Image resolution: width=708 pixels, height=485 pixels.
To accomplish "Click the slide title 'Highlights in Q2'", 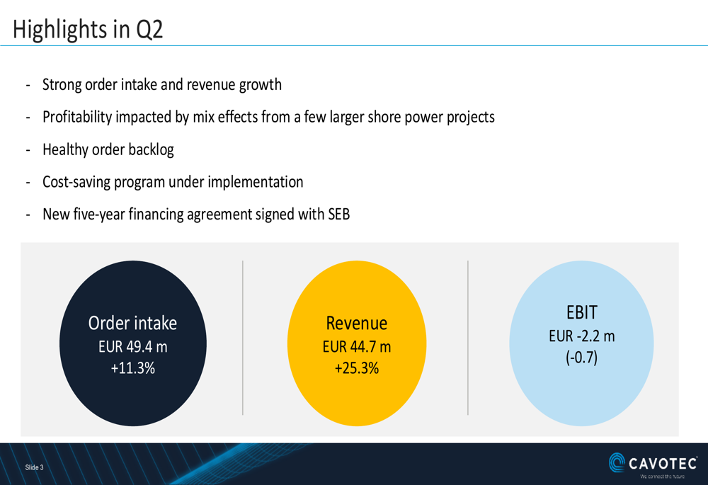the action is tap(88, 29).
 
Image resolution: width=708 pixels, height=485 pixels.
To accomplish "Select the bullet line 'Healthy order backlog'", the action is tap(108, 149).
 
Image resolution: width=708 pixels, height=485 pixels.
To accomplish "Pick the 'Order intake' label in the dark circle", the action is tap(133, 324).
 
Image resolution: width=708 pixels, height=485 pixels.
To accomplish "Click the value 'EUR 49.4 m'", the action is tap(133, 347).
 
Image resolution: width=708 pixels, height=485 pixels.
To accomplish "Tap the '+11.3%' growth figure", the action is tap(133, 368).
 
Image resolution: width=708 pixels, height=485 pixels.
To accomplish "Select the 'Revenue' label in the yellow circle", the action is tap(357, 324).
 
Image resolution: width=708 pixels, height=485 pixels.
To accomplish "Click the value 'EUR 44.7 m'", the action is tap(357, 347).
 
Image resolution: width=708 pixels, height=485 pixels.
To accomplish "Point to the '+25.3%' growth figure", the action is tap(357, 368).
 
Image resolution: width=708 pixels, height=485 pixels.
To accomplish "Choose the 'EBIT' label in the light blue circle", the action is tap(582, 312).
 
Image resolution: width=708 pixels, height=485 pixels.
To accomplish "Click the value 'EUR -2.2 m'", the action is tap(582, 336).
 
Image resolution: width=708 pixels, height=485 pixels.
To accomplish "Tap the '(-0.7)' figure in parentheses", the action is tap(582, 358).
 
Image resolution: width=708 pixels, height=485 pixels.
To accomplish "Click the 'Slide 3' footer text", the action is tap(34, 467).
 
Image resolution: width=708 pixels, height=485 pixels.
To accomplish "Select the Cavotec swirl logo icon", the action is tap(617, 462).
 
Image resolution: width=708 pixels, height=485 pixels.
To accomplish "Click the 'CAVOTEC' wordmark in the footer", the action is tap(663, 463).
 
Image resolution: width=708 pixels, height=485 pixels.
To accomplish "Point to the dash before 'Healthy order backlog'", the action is tap(28, 150).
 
